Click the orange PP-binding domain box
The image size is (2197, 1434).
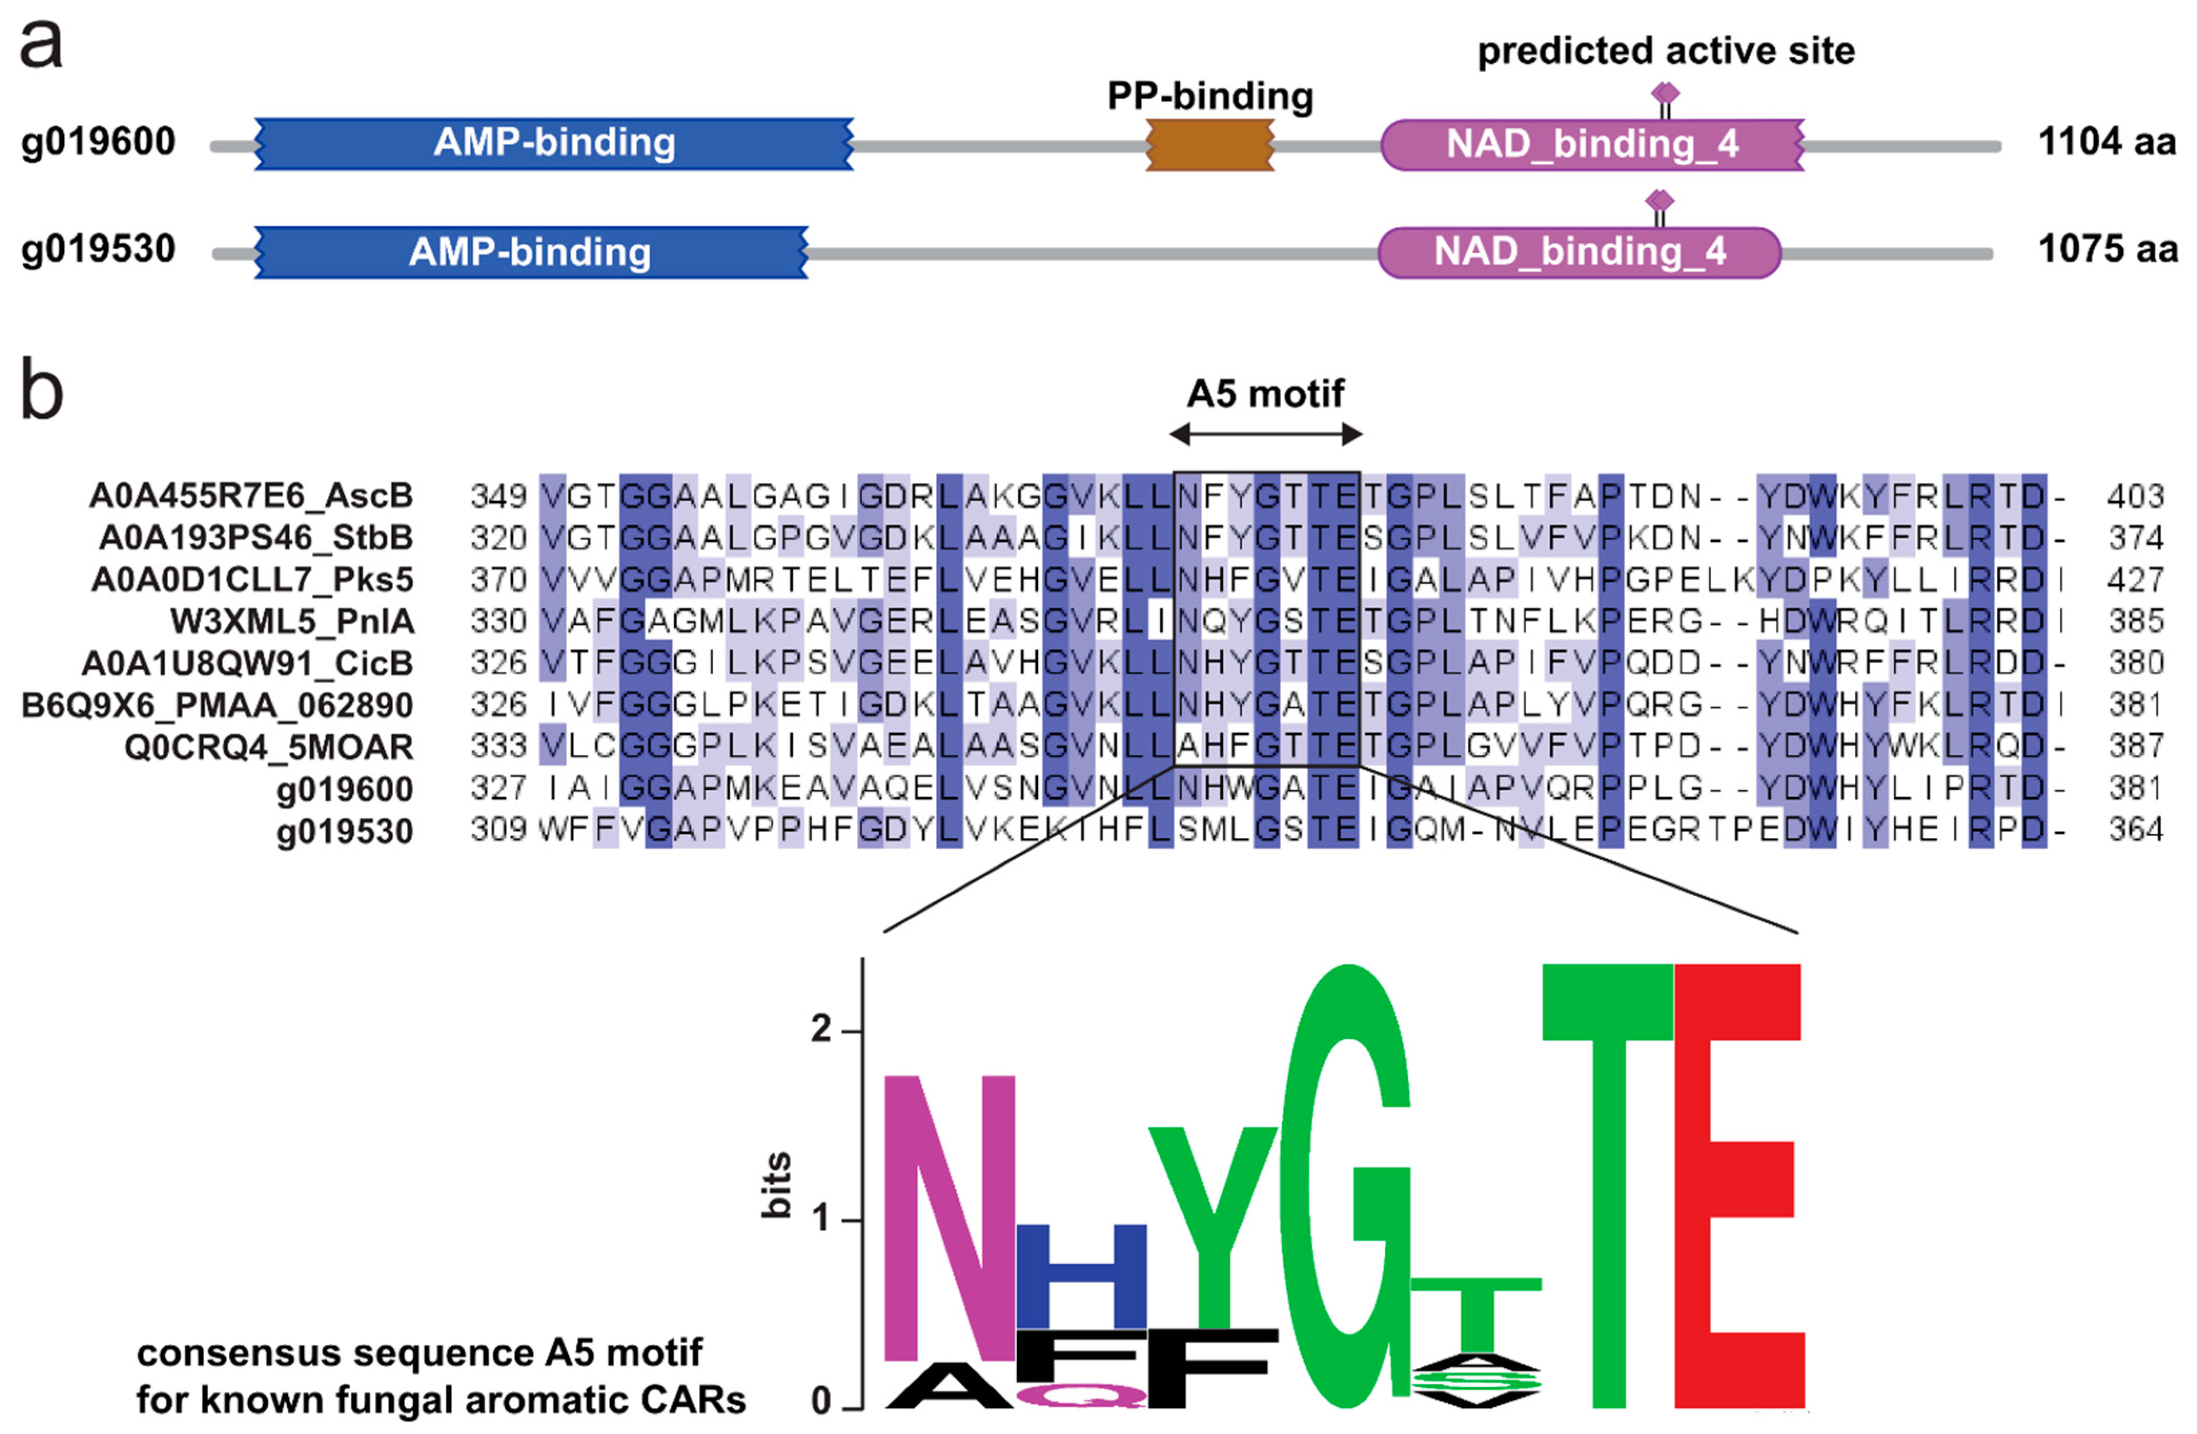pos(1209,145)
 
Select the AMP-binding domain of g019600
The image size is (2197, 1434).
pos(554,143)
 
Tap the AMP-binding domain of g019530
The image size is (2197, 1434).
pos(531,252)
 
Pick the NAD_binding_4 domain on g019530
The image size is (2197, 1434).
pos(1579,252)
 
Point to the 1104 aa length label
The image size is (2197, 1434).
pos(2107,142)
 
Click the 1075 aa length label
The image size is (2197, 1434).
pos(2107,249)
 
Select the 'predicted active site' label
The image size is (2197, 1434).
pos(1665,51)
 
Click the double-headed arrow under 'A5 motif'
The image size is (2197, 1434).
pos(1265,434)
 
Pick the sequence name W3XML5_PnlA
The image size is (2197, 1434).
pos(293,621)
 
